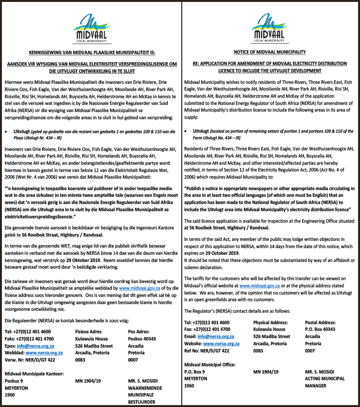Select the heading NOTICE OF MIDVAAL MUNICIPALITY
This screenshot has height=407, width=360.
point(270,51)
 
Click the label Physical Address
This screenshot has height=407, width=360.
point(270,323)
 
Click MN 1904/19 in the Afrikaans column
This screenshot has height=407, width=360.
point(88,382)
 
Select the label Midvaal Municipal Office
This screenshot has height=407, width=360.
point(210,364)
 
